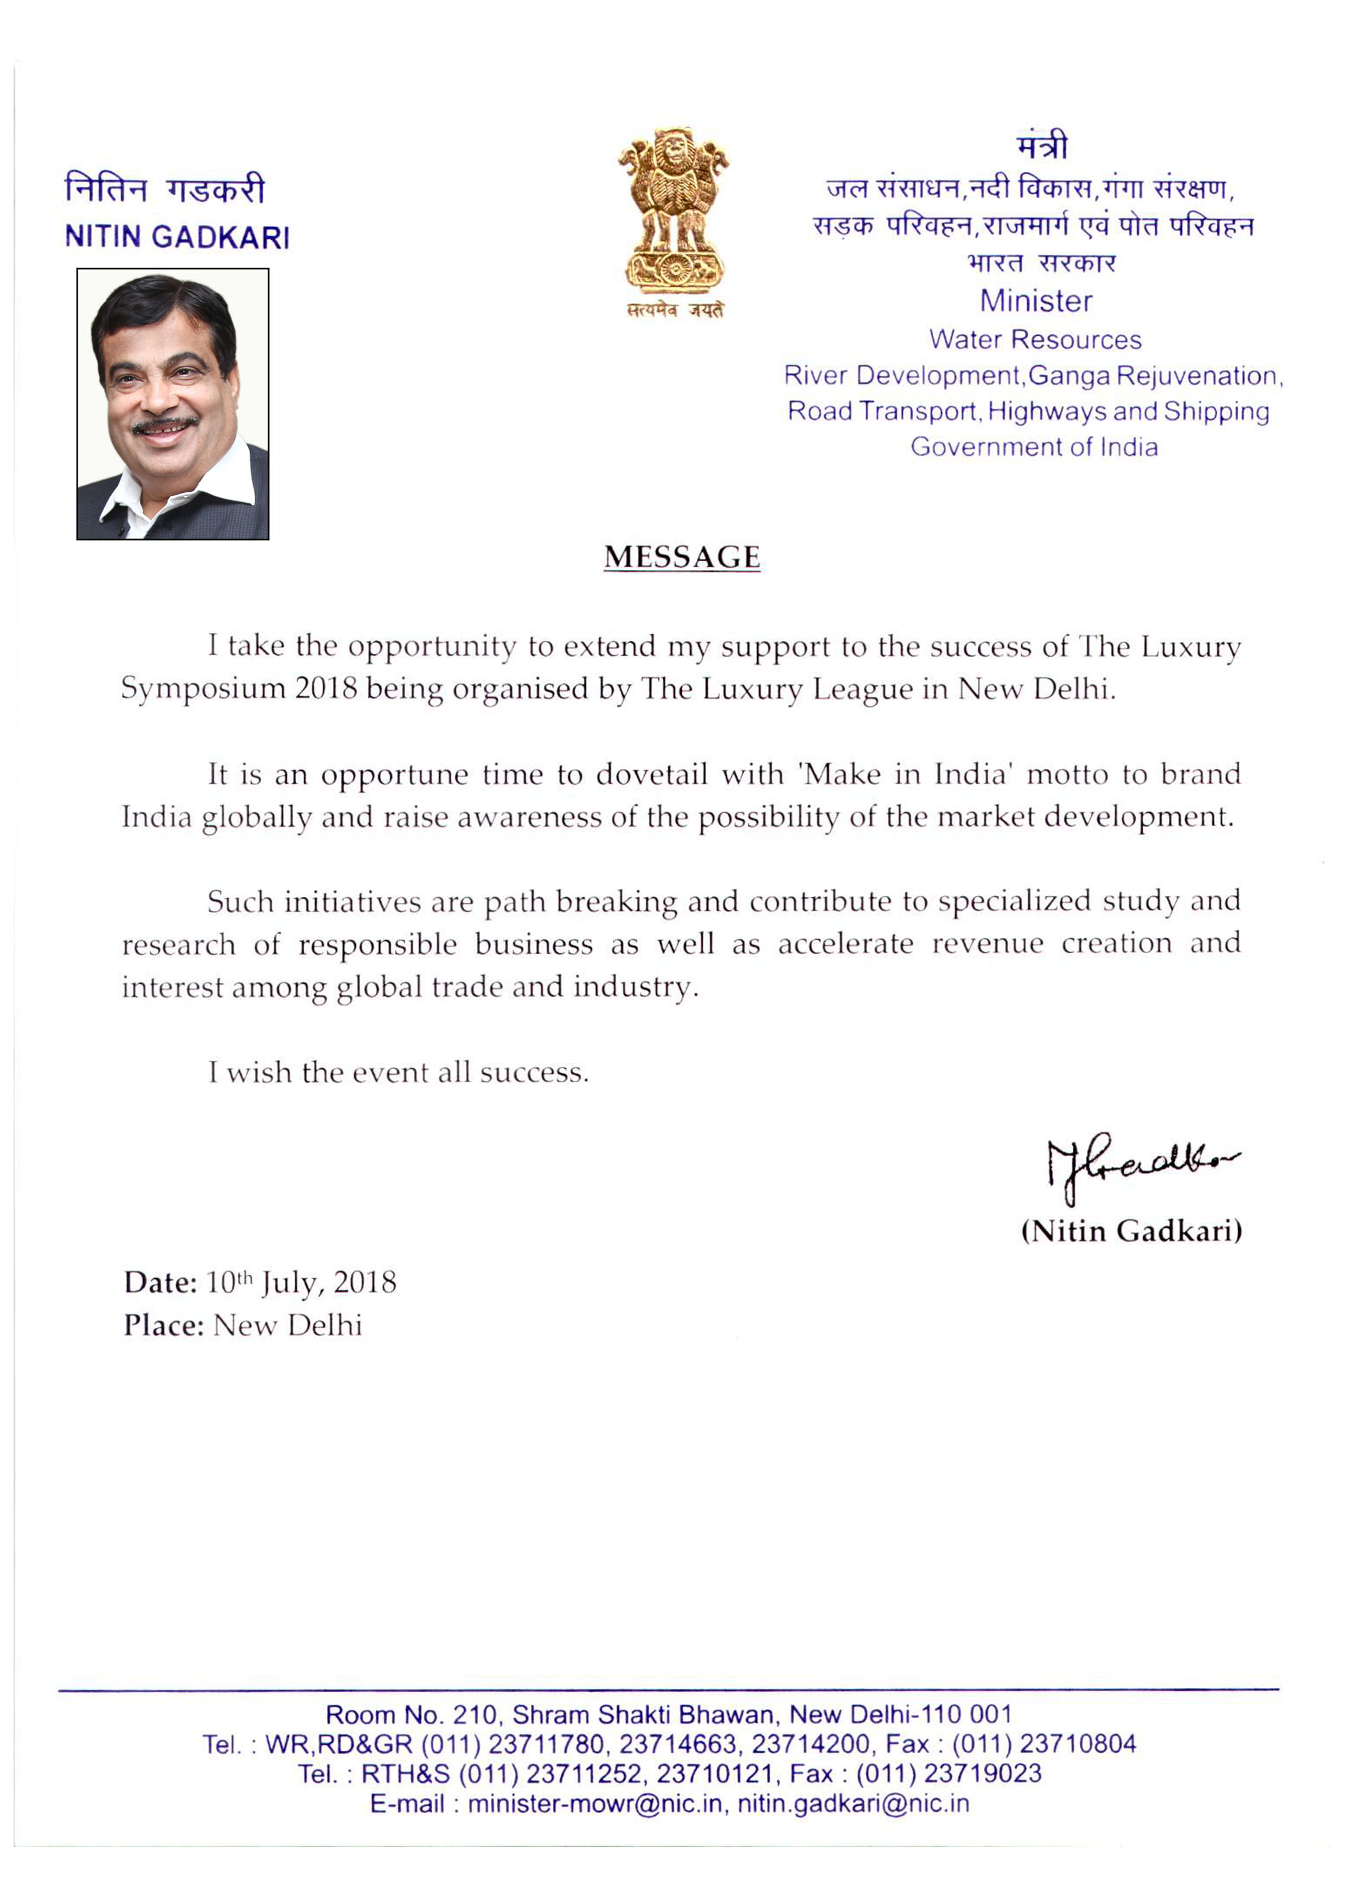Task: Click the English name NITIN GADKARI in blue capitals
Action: tap(177, 237)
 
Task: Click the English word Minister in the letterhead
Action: tap(1036, 301)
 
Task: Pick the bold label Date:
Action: tap(161, 1282)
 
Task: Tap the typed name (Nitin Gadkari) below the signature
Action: tap(1131, 1230)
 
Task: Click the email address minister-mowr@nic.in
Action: tap(595, 1803)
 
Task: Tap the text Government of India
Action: tap(1034, 447)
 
